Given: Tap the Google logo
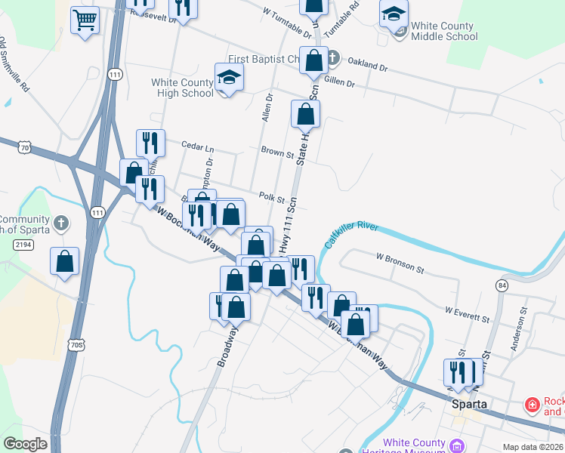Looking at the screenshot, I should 25,444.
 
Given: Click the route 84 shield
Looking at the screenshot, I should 502,285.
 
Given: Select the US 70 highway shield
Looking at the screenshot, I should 26,148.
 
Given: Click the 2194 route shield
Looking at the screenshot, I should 23,244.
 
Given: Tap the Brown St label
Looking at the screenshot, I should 277,153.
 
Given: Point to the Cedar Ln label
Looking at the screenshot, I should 199,148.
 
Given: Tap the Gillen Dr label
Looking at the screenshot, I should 338,82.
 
